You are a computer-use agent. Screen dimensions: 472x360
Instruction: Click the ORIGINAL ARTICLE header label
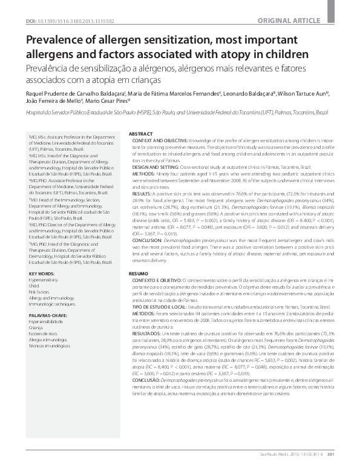321,5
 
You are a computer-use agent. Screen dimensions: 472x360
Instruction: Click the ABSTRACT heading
142,133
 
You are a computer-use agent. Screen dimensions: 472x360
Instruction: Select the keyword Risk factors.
39,293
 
